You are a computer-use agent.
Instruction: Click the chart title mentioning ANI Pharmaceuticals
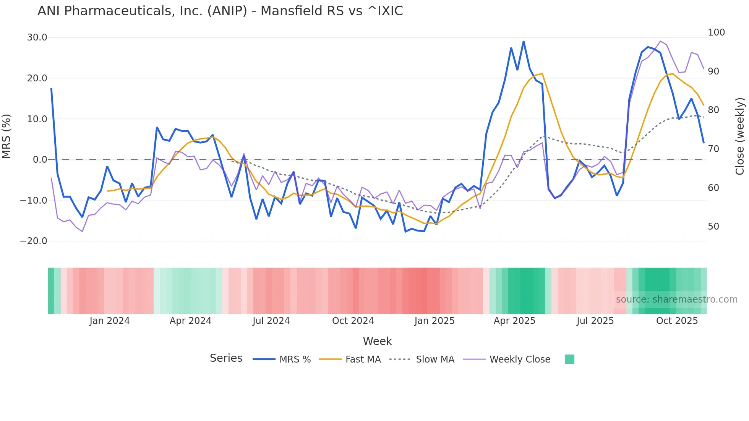coord(220,11)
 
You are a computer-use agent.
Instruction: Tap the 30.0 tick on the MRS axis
coord(37,37)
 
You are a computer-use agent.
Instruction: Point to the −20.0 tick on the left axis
coord(34,241)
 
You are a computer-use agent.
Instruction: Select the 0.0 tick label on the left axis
coord(40,160)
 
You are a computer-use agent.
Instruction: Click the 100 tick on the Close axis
coord(716,32)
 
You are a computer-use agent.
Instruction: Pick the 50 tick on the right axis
coord(713,227)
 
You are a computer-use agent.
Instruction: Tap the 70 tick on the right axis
coord(713,149)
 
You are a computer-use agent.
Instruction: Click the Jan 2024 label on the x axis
coord(110,321)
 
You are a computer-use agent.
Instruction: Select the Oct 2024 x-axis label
coord(353,321)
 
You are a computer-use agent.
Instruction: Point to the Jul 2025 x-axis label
coord(595,321)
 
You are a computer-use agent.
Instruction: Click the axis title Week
coord(377,341)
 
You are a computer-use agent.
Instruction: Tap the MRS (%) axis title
coord(6,136)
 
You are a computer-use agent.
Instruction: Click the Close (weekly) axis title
coord(740,136)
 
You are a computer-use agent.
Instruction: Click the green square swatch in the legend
coord(569,359)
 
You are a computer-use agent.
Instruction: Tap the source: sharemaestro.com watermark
coord(676,300)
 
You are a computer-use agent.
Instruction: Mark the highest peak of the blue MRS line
coord(524,41)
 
